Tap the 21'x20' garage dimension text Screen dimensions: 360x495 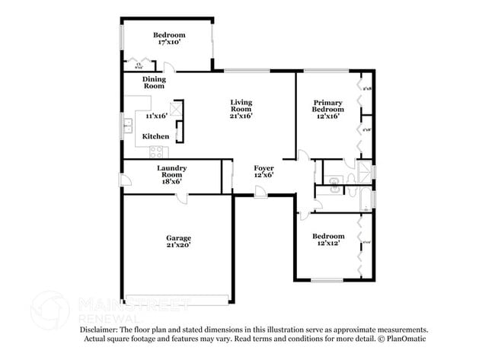pos(180,246)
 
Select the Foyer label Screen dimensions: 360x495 pos(263,167)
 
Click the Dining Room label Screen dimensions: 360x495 pos(154,82)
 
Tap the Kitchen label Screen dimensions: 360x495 pos(155,136)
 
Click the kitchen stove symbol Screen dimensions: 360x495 pos(159,148)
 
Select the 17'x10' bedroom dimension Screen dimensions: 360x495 pos(169,43)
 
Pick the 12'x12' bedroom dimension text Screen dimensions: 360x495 pos(329,244)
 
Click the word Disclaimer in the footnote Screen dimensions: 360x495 pos(98,330)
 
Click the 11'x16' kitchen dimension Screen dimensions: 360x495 pos(157,116)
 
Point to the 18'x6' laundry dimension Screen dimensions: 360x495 pos(172,181)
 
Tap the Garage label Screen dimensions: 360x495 pos(180,237)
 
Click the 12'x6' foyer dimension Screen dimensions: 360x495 pos(263,175)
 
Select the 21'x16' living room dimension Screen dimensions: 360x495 pos(241,116)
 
